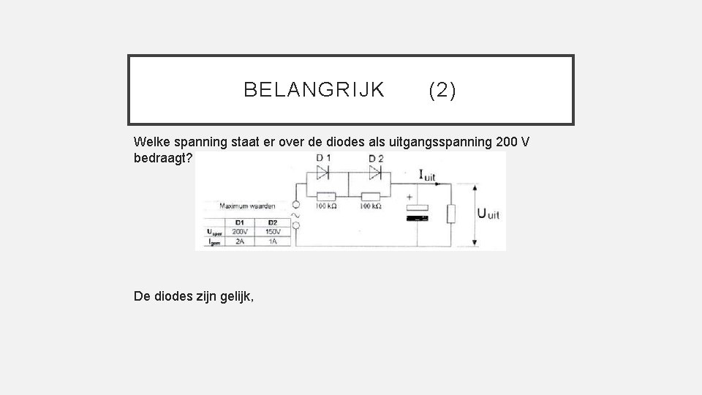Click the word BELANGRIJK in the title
tap(314, 90)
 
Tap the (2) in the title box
tap(442, 90)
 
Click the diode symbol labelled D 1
tap(322, 173)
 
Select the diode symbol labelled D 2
tap(376, 173)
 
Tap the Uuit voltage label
tap(488, 214)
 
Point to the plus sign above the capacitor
tap(409, 198)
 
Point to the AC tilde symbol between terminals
tap(295, 217)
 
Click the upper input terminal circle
tap(295, 206)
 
